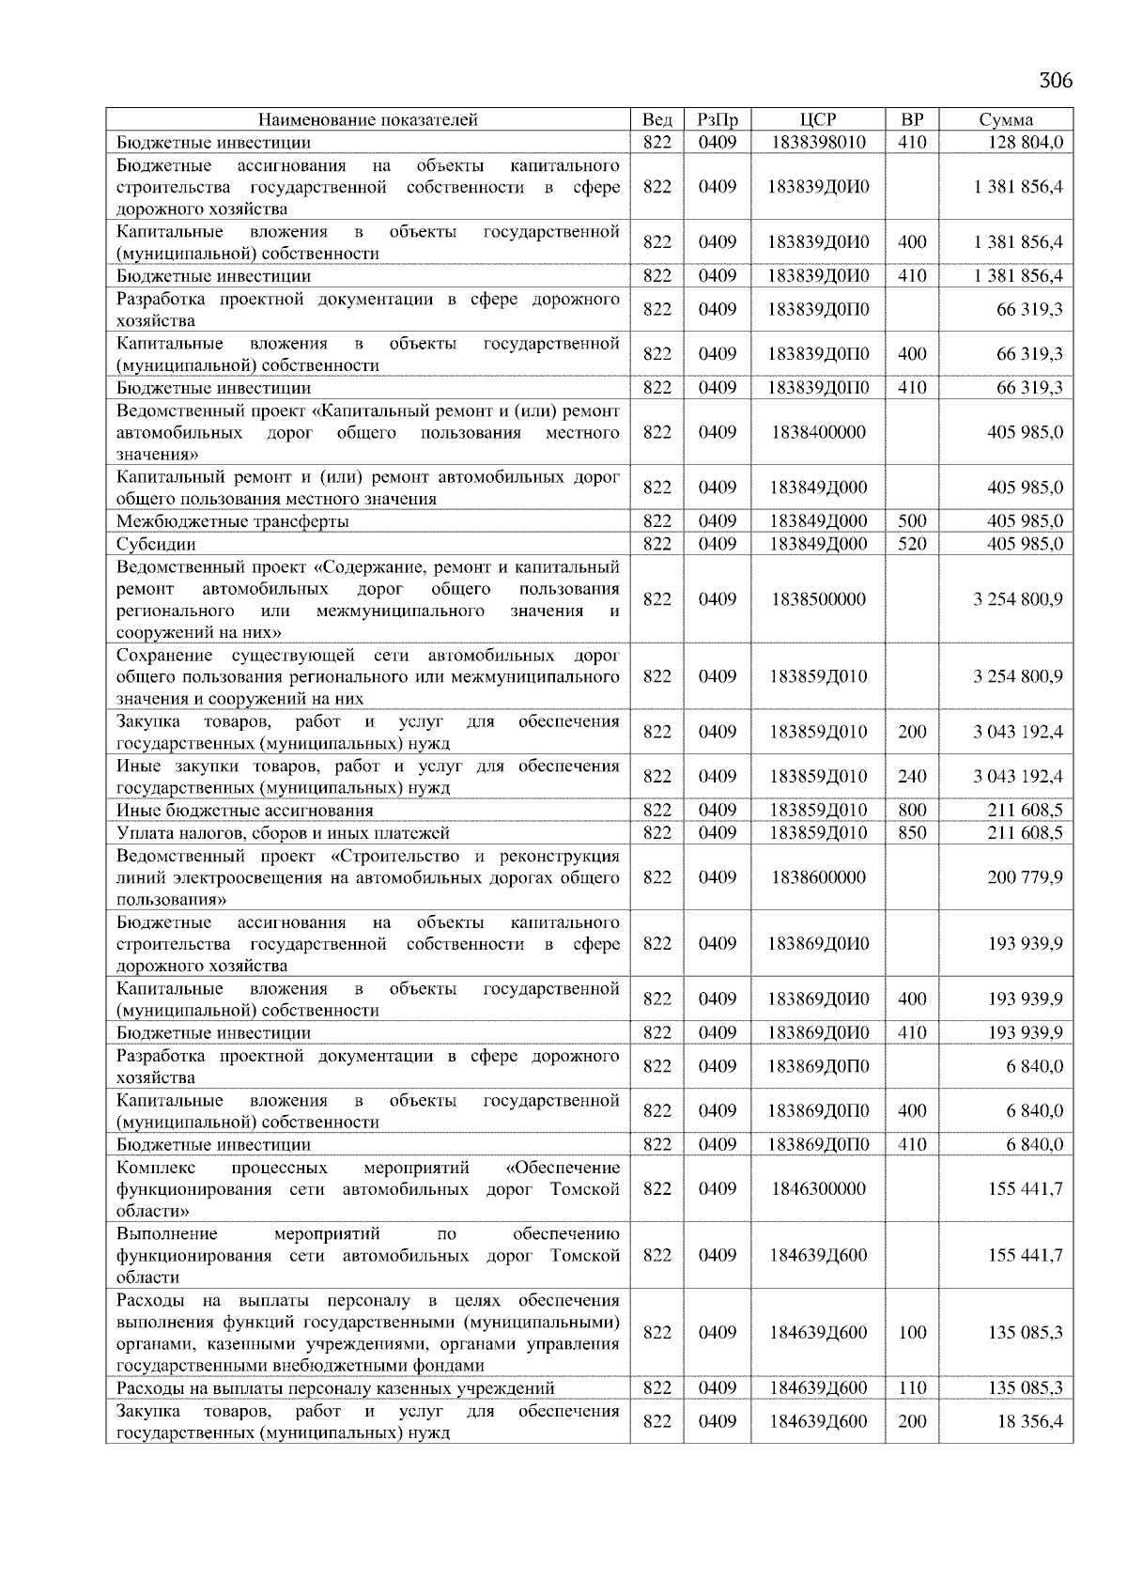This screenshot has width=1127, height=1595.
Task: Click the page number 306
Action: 1056,80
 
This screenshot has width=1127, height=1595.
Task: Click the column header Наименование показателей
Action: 368,119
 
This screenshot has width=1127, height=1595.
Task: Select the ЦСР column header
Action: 818,119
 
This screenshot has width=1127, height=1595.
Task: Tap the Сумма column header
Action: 1006,119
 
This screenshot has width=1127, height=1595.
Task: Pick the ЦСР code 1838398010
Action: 818,142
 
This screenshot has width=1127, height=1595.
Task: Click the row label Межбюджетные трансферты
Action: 233,521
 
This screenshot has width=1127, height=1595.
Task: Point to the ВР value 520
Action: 912,544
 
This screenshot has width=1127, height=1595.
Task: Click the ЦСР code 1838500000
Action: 818,599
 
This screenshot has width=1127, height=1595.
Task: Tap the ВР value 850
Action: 912,832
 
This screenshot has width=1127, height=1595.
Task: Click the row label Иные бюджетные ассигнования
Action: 245,810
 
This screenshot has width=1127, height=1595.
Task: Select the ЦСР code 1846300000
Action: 818,1188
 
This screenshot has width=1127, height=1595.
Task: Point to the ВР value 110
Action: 912,1387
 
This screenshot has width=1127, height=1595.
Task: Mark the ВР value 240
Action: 912,776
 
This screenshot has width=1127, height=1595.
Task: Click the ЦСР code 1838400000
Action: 818,432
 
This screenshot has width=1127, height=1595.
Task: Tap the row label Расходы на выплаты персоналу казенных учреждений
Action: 335,1387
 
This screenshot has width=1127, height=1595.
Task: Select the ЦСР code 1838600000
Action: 818,877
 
